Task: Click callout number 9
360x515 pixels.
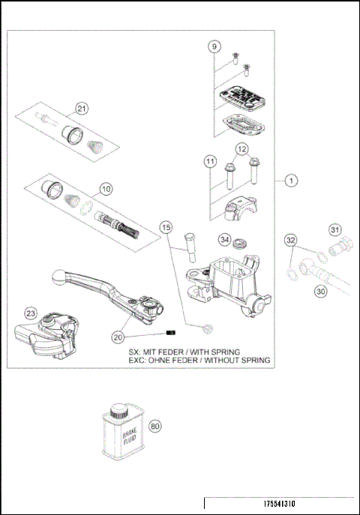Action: (x=214, y=46)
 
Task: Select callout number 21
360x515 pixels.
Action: (x=82, y=109)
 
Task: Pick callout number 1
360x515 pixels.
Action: (x=290, y=180)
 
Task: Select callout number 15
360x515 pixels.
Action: (x=166, y=226)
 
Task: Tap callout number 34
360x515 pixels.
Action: (x=223, y=240)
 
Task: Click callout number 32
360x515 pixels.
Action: (x=291, y=240)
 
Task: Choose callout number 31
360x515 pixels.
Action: (x=335, y=230)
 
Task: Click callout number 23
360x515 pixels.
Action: (x=31, y=313)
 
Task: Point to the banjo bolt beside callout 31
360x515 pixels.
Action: (x=344, y=244)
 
